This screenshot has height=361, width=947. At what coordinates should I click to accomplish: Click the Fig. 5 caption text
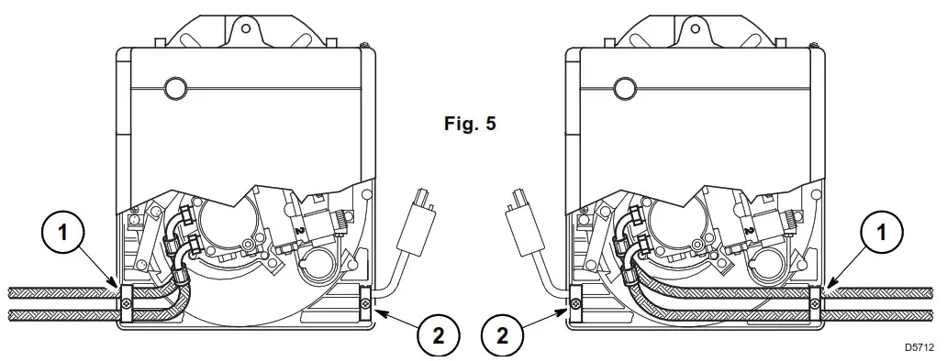click(x=470, y=124)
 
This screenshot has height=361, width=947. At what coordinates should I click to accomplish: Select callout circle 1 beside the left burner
click(x=62, y=233)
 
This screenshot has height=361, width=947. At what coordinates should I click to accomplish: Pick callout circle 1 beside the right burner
click(x=881, y=232)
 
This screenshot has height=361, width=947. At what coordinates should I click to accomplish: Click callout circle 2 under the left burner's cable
click(x=438, y=335)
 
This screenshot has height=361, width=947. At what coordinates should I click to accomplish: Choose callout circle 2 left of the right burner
click(x=503, y=335)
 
